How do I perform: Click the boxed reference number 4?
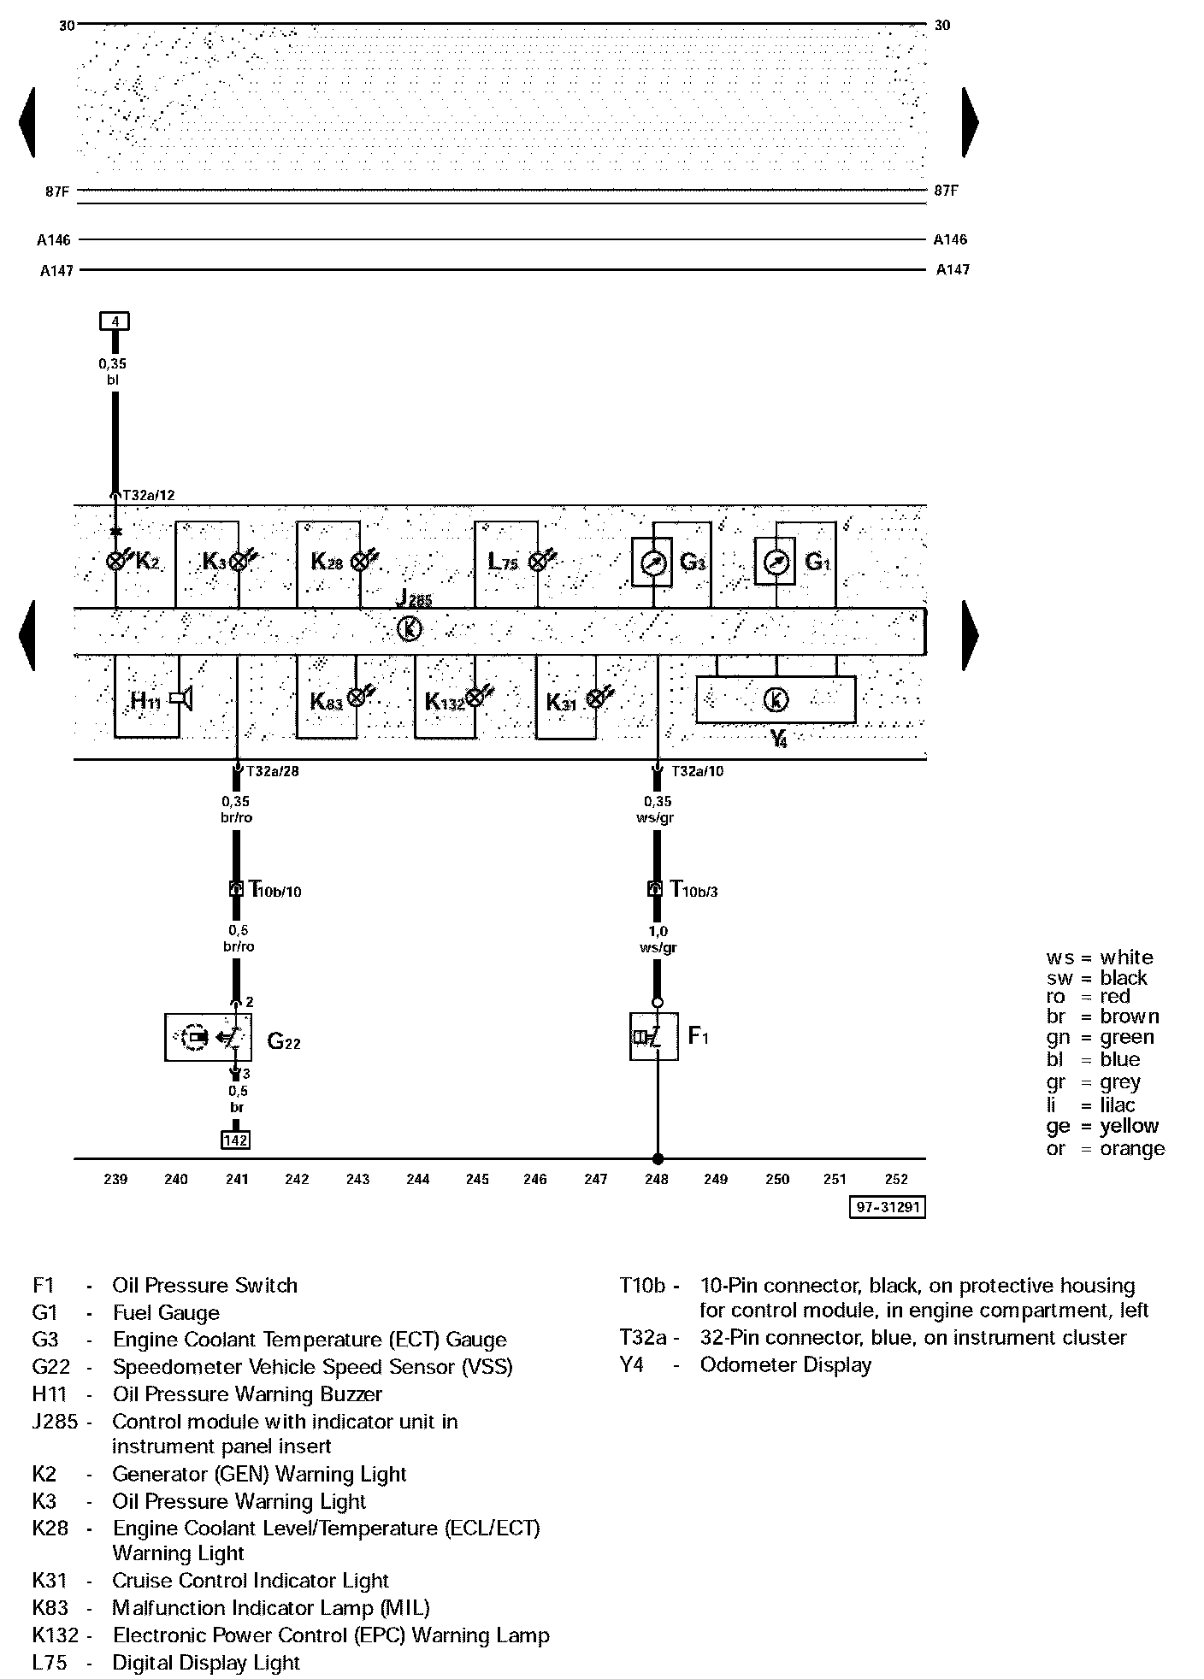click(114, 321)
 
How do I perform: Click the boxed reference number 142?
click(236, 1140)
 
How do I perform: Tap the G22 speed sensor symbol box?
click(208, 1037)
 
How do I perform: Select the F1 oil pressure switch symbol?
click(654, 1036)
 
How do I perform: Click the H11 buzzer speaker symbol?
click(181, 698)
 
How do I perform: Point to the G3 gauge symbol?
click(652, 562)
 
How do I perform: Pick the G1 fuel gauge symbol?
click(776, 562)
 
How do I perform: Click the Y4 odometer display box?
click(776, 699)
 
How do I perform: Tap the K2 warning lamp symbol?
click(115, 561)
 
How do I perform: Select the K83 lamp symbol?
click(357, 698)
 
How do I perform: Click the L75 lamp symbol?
click(538, 561)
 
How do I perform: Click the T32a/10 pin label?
click(697, 771)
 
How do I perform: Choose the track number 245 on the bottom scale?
click(477, 1180)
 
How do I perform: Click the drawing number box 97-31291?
click(888, 1206)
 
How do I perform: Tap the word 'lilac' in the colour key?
click(1118, 1105)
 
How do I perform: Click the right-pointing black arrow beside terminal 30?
click(970, 121)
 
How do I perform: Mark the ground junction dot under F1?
click(657, 1159)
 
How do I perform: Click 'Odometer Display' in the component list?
click(785, 1364)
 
